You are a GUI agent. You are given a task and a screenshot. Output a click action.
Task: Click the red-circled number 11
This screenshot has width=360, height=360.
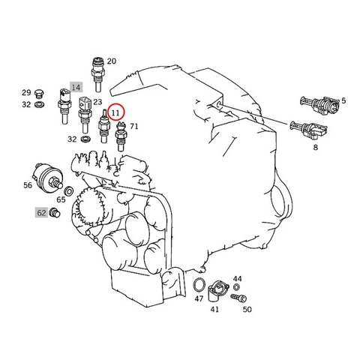click(x=115, y=112)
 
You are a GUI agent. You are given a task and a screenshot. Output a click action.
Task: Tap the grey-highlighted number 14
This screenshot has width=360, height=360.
click(x=76, y=87)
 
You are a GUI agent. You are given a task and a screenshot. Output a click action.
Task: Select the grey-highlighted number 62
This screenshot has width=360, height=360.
click(x=41, y=213)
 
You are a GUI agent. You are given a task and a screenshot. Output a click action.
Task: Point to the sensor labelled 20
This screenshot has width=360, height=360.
click(x=97, y=74)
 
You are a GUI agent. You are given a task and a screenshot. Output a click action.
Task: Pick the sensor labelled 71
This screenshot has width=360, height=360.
click(x=121, y=136)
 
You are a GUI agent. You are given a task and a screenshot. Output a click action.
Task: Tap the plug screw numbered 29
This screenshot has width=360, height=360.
click(x=39, y=94)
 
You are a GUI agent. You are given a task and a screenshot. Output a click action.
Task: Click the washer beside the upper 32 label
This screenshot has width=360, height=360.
click(x=39, y=104)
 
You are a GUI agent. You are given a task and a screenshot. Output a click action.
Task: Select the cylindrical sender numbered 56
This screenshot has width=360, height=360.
click(x=48, y=177)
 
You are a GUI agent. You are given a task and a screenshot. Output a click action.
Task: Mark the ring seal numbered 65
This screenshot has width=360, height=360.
click(x=68, y=191)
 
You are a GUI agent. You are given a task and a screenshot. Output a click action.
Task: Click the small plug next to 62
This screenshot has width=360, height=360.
click(x=55, y=213)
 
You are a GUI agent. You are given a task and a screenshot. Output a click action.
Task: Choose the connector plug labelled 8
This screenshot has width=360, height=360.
click(x=309, y=129)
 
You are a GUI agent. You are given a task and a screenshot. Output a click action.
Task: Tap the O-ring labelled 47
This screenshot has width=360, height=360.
click(x=199, y=285)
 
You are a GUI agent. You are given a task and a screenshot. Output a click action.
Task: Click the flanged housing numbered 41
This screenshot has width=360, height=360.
click(x=217, y=291)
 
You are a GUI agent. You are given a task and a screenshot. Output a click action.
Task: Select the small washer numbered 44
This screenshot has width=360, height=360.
click(x=236, y=287)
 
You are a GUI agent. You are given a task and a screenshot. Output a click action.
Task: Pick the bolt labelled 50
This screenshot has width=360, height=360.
click(x=238, y=298)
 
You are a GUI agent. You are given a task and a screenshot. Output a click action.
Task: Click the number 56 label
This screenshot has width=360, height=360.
click(x=28, y=185)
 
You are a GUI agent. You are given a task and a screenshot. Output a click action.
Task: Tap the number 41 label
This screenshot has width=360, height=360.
click(x=214, y=309)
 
